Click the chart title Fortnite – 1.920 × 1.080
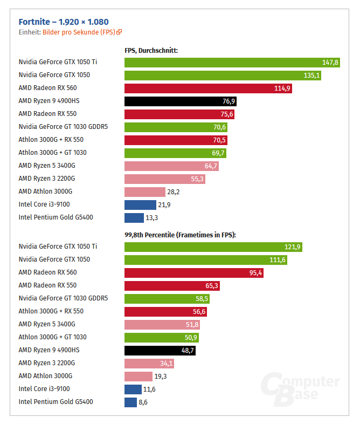click(64, 22)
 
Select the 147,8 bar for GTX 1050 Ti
click(232, 63)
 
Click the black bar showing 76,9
click(180, 101)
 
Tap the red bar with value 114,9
click(208, 88)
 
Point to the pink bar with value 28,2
click(144, 192)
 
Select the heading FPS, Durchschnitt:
click(151, 51)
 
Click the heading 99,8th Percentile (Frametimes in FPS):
click(181, 235)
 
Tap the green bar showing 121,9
click(213, 247)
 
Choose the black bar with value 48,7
click(160, 351)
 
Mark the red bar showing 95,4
click(193, 273)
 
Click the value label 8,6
click(143, 402)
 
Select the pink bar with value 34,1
click(149, 364)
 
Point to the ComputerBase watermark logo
click(300, 388)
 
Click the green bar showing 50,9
click(161, 338)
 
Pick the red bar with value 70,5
click(176, 140)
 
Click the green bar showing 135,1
click(223, 76)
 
